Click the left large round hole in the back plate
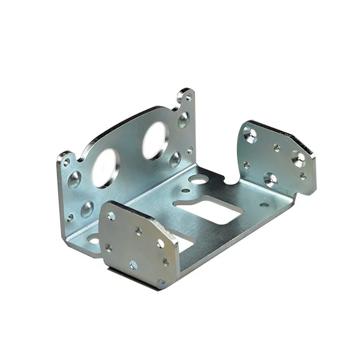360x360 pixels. coord(106,168)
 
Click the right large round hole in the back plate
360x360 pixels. coord(155,140)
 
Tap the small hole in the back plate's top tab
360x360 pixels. coord(188,97)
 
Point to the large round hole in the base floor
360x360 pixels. coord(199,179)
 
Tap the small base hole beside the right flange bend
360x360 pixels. coord(265,205)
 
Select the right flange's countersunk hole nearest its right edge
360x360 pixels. coord(298,158)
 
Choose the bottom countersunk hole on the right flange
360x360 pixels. coord(270,179)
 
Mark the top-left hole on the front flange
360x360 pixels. coord(112,215)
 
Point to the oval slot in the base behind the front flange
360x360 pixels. coord(95,240)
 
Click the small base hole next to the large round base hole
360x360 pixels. coord(186,191)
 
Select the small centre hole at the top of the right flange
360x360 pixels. coord(277,147)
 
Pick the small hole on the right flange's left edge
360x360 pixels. coord(246,164)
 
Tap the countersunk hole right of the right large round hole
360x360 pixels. coord(175,159)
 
